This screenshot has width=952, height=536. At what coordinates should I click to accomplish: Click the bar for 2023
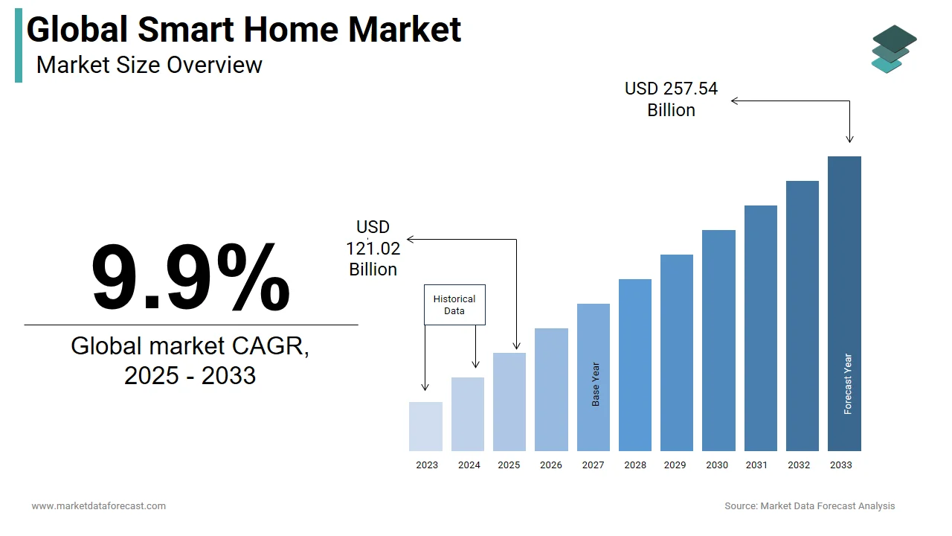point(425,427)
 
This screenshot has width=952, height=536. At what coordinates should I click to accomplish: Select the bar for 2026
point(551,389)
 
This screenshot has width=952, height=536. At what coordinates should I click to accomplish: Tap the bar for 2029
point(676,353)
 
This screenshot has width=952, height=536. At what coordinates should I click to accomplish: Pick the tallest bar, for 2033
point(844,304)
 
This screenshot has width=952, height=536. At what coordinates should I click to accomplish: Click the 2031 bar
point(760,328)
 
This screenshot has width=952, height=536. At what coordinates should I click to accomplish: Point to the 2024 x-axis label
point(469,465)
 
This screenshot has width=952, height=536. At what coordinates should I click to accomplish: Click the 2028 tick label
point(635,465)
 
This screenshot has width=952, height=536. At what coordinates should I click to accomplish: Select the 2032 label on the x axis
point(799,465)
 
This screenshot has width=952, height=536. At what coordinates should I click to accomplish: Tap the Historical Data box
point(454,304)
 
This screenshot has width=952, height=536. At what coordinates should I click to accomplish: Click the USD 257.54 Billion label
point(671,99)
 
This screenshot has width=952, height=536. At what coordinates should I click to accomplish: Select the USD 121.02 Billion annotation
point(373,248)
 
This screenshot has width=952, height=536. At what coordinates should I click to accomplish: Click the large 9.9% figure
point(190,277)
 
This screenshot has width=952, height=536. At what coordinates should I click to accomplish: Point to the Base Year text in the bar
point(596,384)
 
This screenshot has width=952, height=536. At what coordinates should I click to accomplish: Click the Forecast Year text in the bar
point(848,384)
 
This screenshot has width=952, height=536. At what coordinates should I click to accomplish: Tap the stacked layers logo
point(894,49)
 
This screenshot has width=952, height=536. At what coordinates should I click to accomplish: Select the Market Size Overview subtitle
point(149,65)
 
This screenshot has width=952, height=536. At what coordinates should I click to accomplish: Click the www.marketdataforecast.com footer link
point(98,506)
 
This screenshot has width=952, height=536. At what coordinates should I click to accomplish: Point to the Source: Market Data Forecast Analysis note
point(810,506)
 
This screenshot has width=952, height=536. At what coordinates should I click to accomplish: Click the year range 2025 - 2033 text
point(190,375)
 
